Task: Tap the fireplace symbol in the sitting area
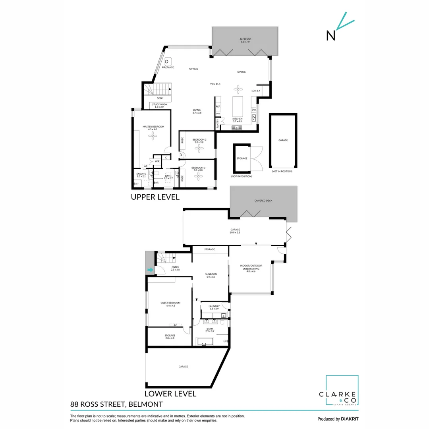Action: pos(168,61)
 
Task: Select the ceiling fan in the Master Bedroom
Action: pos(153,136)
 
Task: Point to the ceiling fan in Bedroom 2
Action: pos(199,148)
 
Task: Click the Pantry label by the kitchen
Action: pos(218,124)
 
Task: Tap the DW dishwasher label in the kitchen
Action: pos(253,110)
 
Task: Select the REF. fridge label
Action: pos(218,106)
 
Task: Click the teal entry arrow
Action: pos(150,270)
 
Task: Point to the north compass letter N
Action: pos(330,36)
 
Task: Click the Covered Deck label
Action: pos(263,201)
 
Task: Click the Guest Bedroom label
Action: pos(168,304)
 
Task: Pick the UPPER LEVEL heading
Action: pos(155,197)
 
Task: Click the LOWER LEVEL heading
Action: pos(170,394)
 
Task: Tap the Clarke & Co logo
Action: pos(342,391)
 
